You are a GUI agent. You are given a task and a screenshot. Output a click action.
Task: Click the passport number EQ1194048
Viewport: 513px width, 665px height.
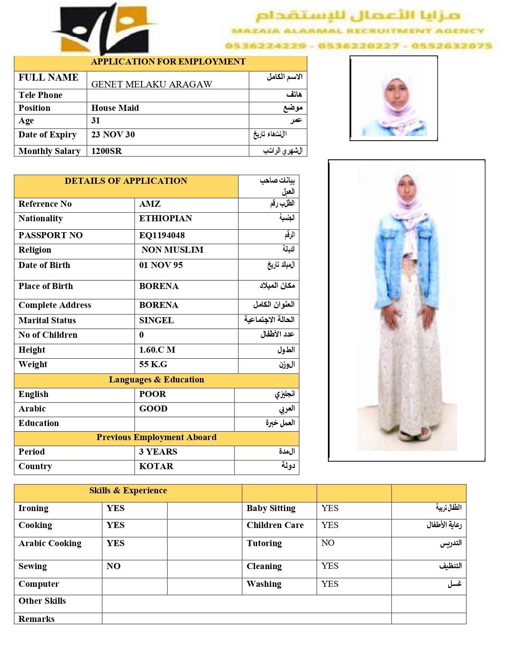(x=162, y=235)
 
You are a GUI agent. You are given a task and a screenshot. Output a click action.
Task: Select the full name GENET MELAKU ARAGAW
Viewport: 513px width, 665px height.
(x=151, y=84)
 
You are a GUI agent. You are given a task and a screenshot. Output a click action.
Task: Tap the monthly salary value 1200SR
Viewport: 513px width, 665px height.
(x=106, y=151)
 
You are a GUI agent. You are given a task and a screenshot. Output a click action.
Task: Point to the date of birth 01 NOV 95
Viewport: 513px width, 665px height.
(x=161, y=265)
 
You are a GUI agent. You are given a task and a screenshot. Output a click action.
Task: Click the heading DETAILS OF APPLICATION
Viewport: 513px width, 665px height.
(x=126, y=181)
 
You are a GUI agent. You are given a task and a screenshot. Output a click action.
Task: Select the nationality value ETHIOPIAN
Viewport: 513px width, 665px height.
(x=165, y=218)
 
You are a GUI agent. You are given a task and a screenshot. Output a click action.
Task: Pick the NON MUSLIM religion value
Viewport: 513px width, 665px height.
(x=172, y=250)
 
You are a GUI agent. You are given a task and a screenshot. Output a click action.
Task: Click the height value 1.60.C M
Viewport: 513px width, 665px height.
(x=157, y=350)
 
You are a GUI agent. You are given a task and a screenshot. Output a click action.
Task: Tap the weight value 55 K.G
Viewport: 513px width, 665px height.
(x=153, y=364)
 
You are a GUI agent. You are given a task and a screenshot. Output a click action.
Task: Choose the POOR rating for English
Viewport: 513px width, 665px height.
(x=152, y=394)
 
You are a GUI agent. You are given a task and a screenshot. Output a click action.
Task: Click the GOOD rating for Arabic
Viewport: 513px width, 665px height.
(x=153, y=409)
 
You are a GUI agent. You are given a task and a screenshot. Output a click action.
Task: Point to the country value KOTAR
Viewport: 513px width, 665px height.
(x=156, y=466)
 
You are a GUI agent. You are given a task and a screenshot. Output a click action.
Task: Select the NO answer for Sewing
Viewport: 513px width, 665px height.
(x=113, y=566)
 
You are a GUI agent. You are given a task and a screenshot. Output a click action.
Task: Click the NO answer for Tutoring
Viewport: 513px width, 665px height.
(x=328, y=543)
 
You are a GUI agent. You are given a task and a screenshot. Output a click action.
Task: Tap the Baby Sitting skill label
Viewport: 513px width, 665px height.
(x=271, y=508)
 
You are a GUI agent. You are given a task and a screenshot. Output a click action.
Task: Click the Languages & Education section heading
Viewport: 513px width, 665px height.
(x=156, y=380)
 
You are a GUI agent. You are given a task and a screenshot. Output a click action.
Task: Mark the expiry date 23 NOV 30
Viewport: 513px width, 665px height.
(x=113, y=135)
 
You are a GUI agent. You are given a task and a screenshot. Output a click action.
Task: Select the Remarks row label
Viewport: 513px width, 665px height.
(x=37, y=619)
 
